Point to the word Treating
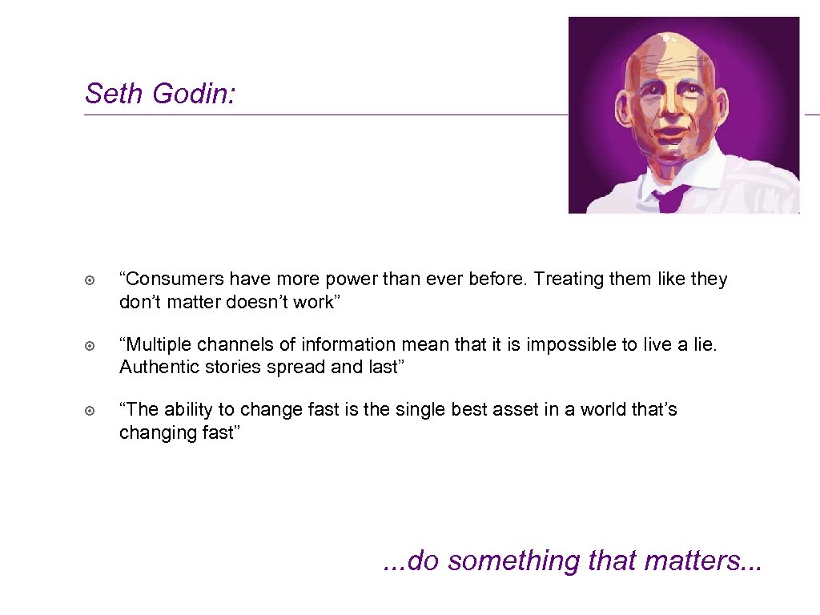click(x=566, y=279)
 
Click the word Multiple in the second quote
click(x=155, y=345)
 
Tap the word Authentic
click(x=156, y=367)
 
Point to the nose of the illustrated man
click(x=671, y=112)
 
